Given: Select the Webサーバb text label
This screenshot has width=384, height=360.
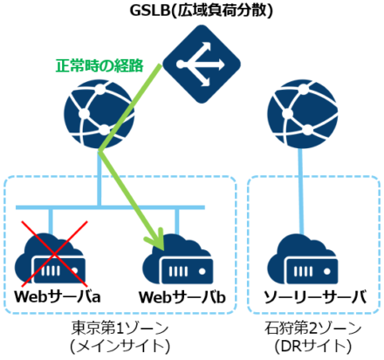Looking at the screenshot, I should tap(182, 297).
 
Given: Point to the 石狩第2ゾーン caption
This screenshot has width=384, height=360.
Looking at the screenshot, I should tap(311, 327).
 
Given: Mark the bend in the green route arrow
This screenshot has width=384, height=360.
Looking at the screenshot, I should tap(101, 150).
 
